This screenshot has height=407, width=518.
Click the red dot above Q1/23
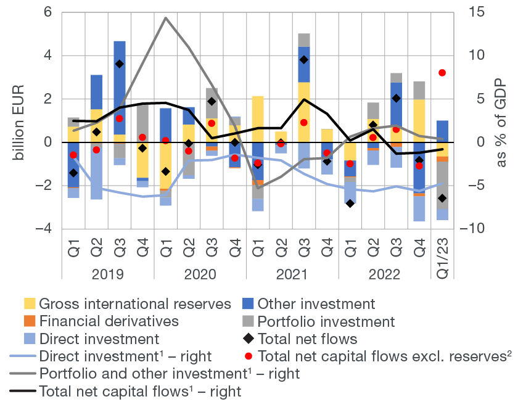click(x=442, y=73)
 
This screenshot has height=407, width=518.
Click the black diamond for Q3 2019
click(x=120, y=64)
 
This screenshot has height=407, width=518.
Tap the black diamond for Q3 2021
click(x=304, y=60)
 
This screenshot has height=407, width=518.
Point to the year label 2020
click(x=200, y=274)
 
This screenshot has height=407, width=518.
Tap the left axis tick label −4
click(x=44, y=229)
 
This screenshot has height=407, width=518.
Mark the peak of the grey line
click(x=166, y=18)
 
